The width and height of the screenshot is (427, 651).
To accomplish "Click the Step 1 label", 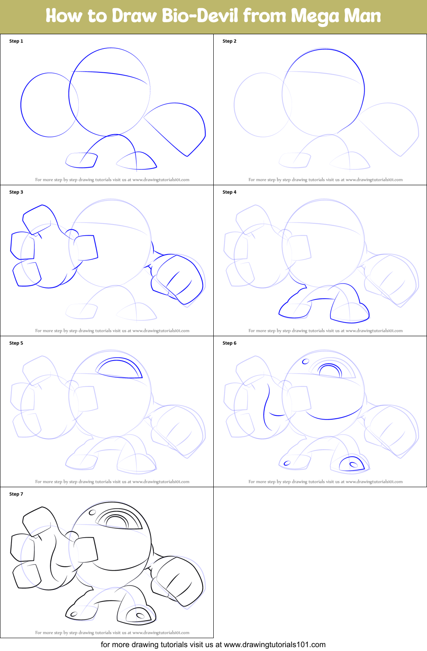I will (16, 41).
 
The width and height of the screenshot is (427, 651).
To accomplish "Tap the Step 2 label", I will (230, 41).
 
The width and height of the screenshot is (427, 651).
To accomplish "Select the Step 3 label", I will (16, 192).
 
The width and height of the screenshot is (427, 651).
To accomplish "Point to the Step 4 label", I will (230, 192).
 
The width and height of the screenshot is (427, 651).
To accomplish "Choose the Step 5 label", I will (16, 343).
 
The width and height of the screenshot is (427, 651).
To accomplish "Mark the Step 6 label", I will (230, 343).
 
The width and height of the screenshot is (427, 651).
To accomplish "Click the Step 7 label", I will (16, 494).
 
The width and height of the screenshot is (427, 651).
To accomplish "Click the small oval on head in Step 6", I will (306, 361).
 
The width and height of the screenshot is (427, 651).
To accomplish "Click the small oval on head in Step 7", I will (92, 512).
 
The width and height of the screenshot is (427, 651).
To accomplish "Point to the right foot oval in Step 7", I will (140, 616).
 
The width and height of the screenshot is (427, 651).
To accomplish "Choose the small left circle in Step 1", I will (49, 105).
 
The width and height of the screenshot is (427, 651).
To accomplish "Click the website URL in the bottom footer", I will (274, 645).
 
